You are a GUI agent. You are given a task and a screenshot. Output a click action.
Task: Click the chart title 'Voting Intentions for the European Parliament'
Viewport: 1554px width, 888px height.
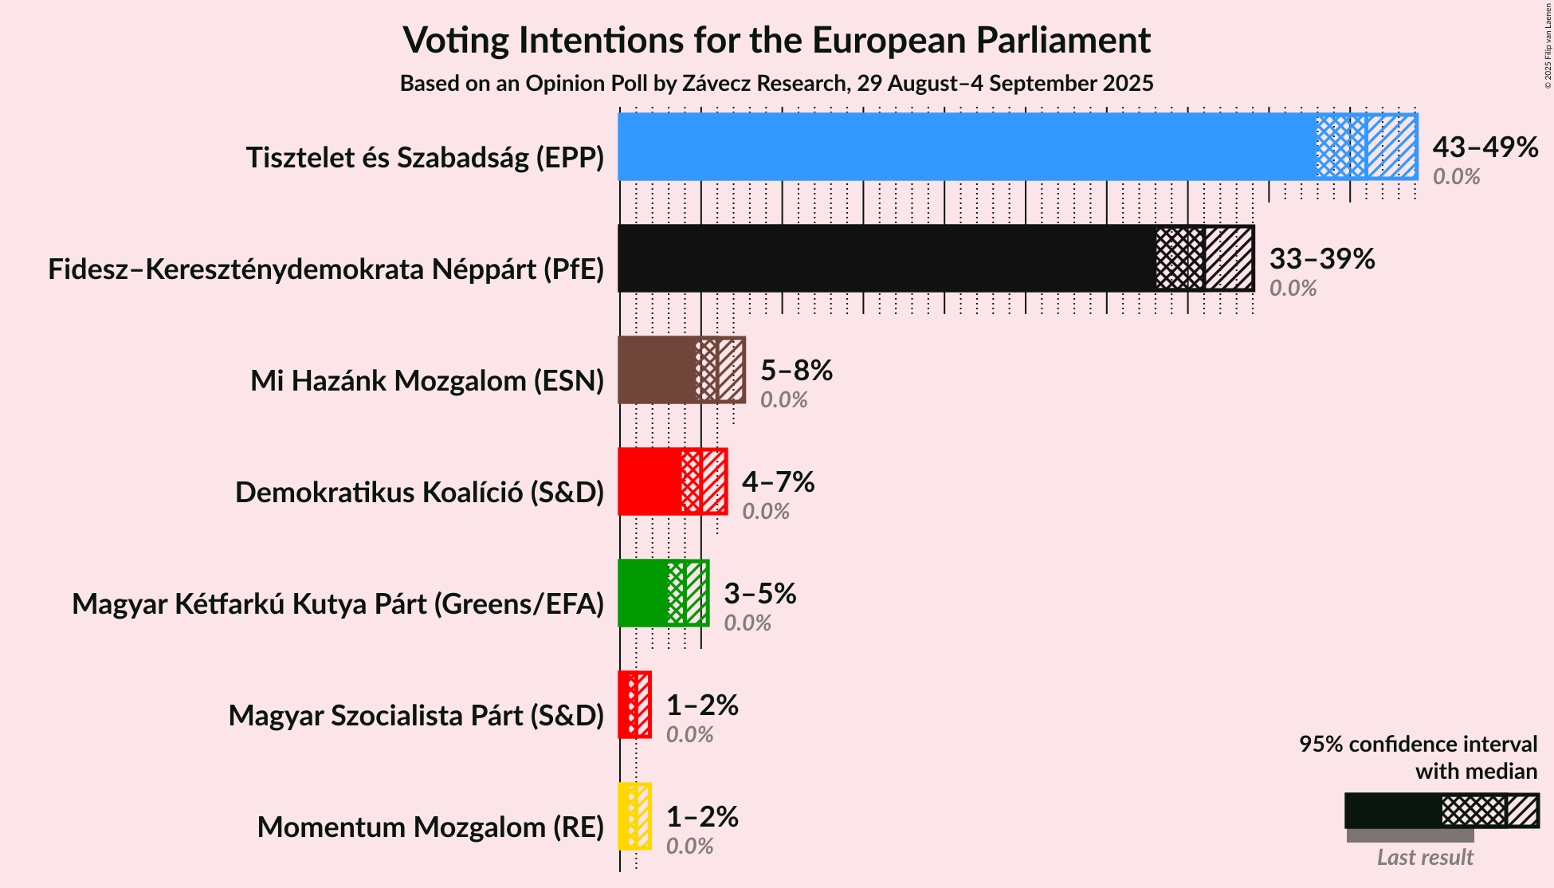point(776,40)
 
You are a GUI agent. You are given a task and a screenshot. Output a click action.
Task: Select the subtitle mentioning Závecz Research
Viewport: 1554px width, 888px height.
point(776,84)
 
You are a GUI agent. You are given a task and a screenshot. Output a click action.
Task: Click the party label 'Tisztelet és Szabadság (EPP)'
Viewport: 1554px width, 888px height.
point(425,158)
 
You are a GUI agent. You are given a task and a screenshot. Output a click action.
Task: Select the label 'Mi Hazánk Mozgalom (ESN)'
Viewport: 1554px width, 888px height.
point(427,381)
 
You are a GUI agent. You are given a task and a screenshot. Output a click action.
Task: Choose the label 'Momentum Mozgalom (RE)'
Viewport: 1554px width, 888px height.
point(430,827)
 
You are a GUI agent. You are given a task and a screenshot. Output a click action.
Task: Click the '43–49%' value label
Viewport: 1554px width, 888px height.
point(1485,147)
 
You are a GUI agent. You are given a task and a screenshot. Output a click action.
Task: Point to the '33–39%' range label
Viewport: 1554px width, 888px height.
point(1322,259)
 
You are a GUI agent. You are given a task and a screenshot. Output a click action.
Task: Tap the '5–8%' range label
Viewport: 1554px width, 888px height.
point(796,371)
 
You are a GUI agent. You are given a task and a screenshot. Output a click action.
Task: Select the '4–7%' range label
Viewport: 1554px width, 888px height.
point(778,482)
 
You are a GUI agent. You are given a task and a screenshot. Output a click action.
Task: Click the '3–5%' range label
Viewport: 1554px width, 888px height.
point(759,594)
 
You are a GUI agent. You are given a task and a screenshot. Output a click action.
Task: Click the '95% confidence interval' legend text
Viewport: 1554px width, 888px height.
point(1418,745)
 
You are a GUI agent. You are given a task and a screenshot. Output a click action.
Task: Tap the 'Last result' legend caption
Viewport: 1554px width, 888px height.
point(1425,858)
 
